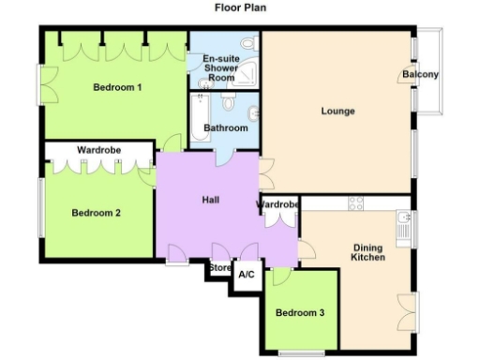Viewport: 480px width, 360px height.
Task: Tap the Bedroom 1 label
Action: coord(117,88)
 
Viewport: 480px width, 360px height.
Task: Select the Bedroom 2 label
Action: coord(97,213)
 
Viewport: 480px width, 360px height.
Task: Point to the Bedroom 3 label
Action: coord(301,312)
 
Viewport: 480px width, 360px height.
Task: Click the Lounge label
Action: coord(337,112)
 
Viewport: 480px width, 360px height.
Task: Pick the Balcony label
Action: coord(421,75)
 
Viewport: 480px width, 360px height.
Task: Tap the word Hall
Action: coord(211,200)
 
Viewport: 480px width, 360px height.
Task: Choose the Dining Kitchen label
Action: coord(368,252)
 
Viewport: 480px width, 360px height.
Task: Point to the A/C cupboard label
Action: coord(247,276)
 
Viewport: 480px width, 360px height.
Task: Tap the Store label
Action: coord(219,268)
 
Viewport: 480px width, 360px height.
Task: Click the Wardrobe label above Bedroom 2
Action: coord(97,149)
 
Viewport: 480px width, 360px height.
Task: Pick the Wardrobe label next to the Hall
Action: coord(277,204)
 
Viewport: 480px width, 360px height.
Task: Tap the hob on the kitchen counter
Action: coord(356,202)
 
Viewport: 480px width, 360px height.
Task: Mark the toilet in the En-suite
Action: coord(248,44)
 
